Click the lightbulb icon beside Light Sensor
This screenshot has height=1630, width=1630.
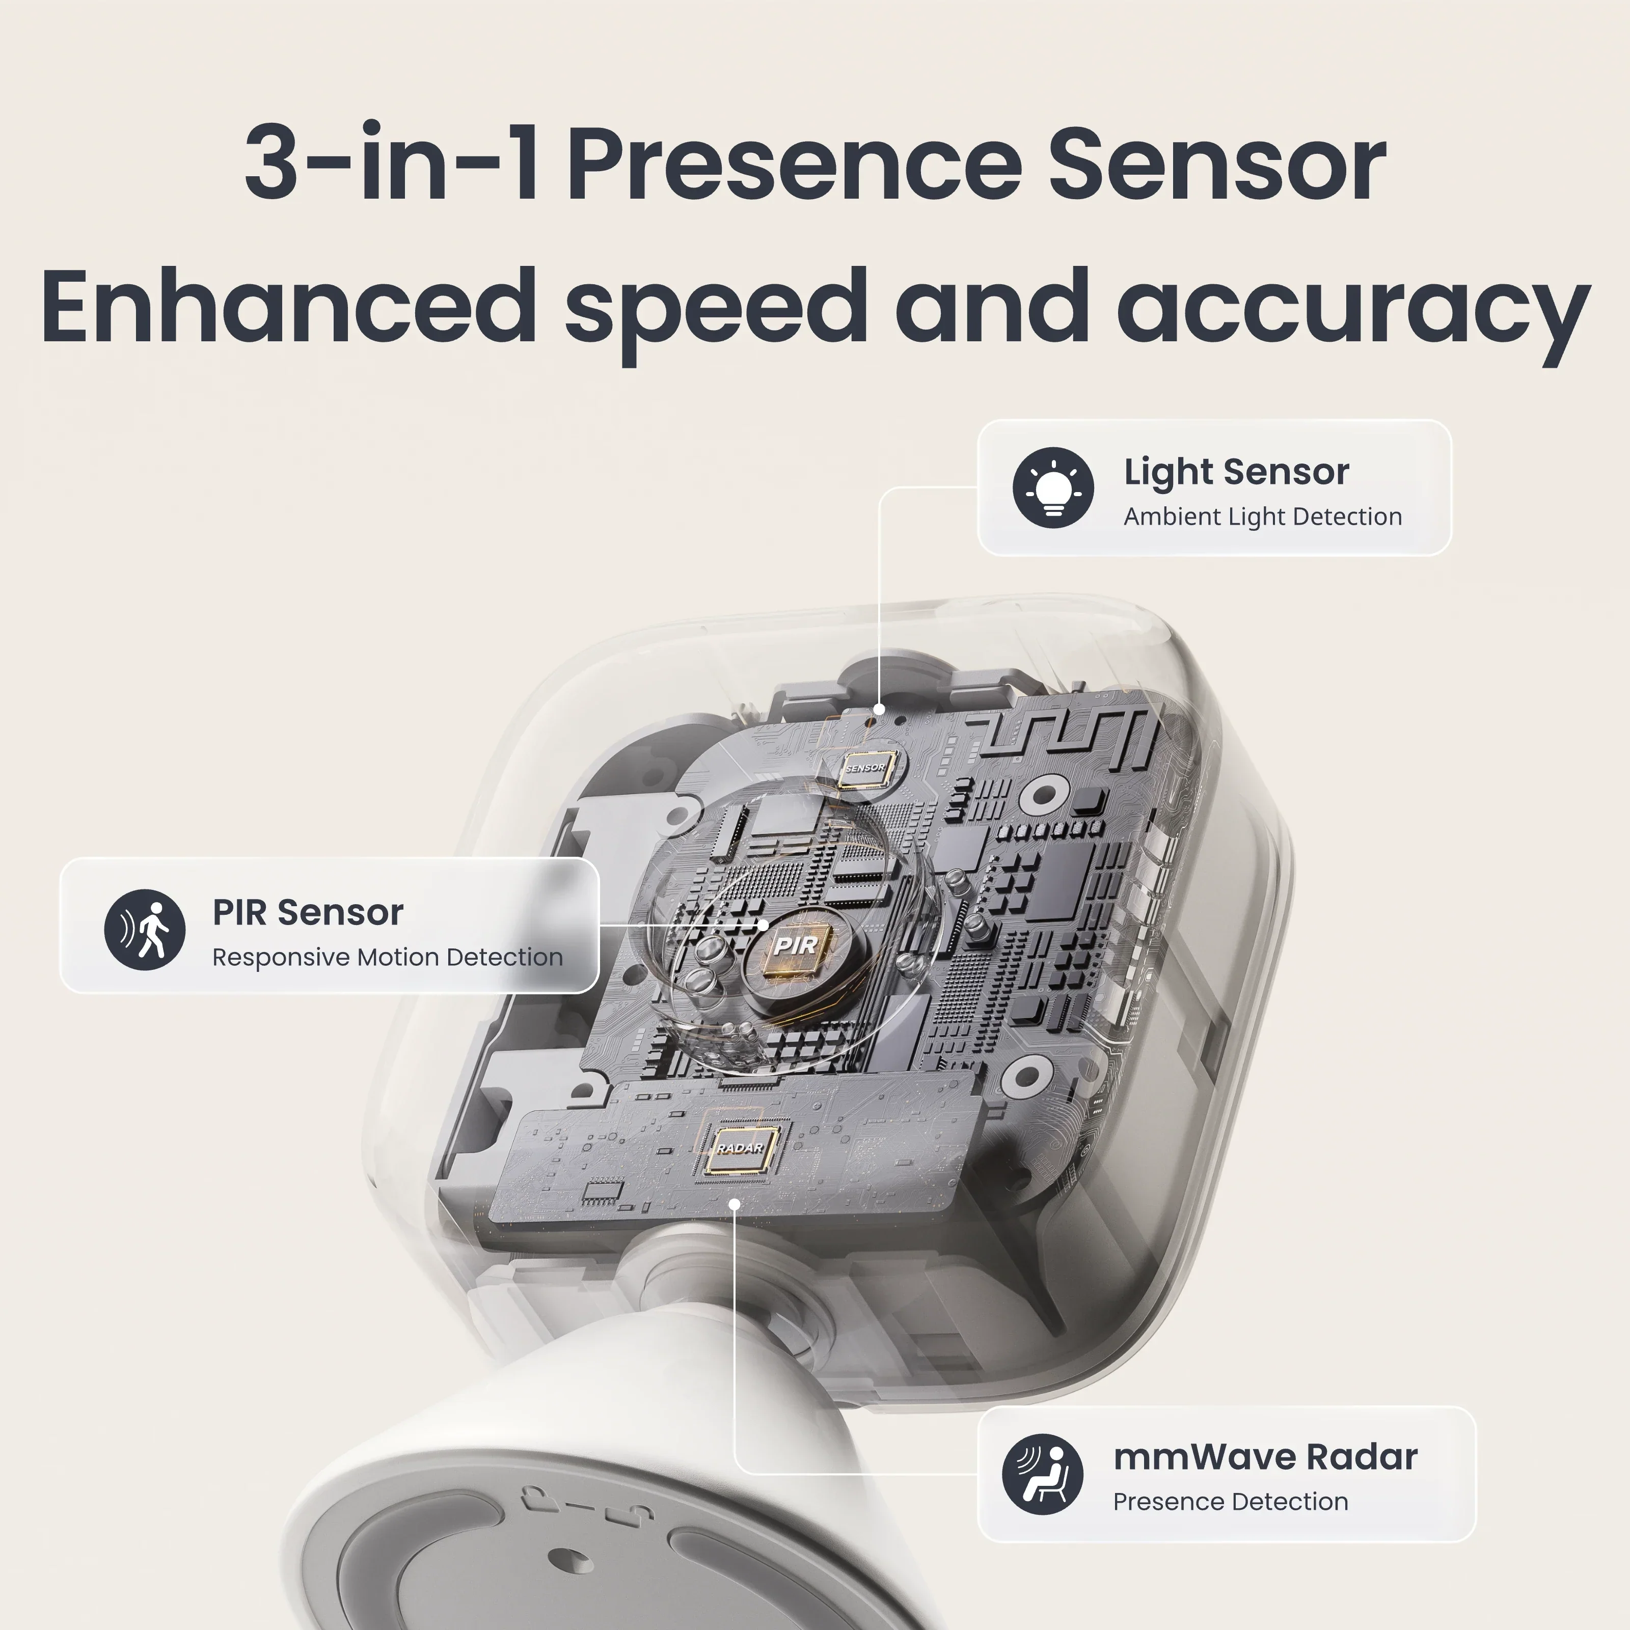click(1053, 487)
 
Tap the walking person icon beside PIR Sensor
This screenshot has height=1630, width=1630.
click(144, 930)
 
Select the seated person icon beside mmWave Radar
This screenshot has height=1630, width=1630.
click(1043, 1475)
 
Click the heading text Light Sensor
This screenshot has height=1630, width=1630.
click(1236, 472)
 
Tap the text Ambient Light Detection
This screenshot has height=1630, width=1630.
click(1262, 517)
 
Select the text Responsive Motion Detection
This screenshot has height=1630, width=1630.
click(387, 958)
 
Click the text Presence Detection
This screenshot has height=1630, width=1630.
click(1230, 1502)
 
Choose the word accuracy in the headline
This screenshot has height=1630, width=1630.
click(1353, 308)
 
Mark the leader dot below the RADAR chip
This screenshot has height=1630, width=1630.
click(735, 1204)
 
